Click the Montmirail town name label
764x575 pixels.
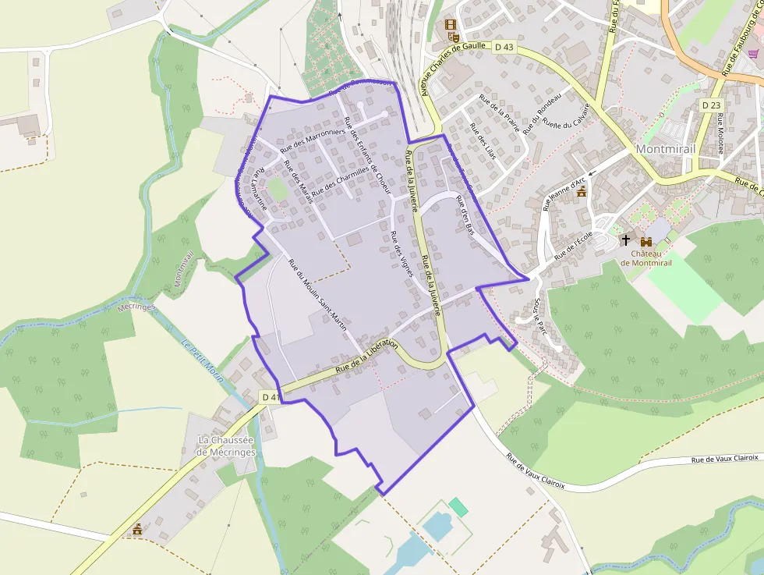665,148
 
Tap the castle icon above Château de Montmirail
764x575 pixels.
646,241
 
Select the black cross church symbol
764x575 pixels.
625,240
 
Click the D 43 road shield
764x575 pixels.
504,48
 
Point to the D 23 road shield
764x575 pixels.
711,105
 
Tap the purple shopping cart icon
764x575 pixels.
753,53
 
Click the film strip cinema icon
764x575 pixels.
450,24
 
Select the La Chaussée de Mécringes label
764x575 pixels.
226,445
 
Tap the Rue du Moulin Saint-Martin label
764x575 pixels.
317,294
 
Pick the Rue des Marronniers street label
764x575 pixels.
312,138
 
